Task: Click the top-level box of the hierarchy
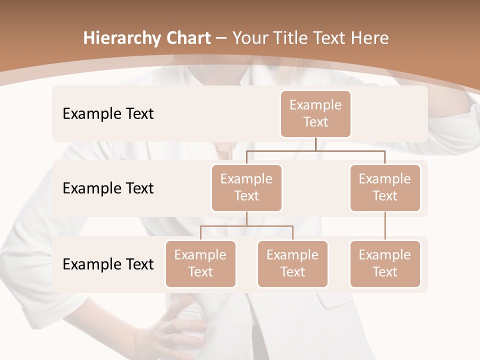pyautogui.click(x=315, y=113)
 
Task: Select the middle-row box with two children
pyautogui.click(x=246, y=187)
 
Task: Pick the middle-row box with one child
pyautogui.click(x=385, y=187)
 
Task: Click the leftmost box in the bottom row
pyautogui.click(x=200, y=263)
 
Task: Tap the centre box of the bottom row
pyautogui.click(x=292, y=263)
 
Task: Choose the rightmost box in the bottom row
pyautogui.click(x=385, y=263)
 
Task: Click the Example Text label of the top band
pyautogui.click(x=108, y=114)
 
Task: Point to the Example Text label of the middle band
pyautogui.click(x=108, y=188)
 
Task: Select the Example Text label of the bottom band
pyautogui.click(x=108, y=264)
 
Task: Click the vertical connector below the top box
pyautogui.click(x=315, y=144)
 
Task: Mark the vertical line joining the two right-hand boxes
pyautogui.click(x=385, y=226)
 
